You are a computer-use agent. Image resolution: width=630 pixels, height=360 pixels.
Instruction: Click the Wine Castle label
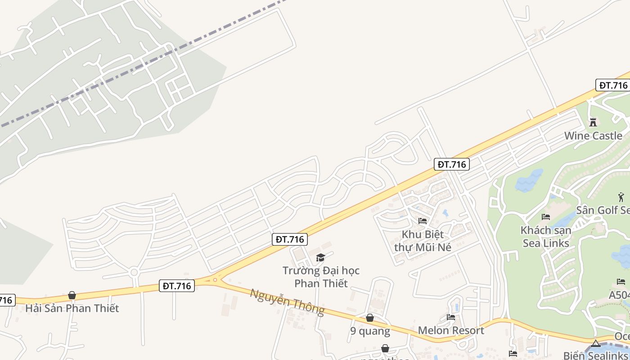tap(593, 135)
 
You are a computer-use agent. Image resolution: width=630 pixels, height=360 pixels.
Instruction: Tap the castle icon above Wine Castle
tap(593, 122)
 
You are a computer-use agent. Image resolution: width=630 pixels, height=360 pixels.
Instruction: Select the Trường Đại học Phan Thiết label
tap(321, 277)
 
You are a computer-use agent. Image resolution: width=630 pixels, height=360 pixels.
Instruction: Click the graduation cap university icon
tap(320, 257)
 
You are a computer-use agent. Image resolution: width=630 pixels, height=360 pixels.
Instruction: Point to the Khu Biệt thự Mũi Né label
tap(423, 241)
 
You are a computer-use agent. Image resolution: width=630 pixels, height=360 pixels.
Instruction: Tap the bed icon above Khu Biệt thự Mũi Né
tap(423, 220)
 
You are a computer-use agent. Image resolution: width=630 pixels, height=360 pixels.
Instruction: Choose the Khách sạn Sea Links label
tap(546, 237)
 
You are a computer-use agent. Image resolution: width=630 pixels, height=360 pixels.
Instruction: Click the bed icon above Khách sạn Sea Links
tap(546, 217)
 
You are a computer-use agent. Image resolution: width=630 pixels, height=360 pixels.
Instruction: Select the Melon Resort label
tap(451, 330)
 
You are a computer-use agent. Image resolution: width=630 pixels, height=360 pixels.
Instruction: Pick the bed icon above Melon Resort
tap(451, 317)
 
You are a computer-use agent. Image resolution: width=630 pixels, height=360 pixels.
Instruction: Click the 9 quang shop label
tap(370, 331)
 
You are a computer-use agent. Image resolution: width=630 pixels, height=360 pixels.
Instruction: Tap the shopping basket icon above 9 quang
tap(370, 318)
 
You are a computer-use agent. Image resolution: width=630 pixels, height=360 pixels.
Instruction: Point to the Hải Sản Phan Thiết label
tap(72, 308)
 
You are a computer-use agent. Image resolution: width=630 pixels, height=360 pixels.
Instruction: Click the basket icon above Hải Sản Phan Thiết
tap(72, 295)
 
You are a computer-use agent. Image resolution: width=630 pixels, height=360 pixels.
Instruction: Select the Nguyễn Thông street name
tap(287, 301)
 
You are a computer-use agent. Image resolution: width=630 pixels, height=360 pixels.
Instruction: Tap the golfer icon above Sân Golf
tap(621, 197)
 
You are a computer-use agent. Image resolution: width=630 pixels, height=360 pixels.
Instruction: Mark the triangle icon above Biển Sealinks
tap(596, 344)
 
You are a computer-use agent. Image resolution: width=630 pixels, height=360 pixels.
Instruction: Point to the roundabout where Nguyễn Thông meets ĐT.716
tap(215, 280)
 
